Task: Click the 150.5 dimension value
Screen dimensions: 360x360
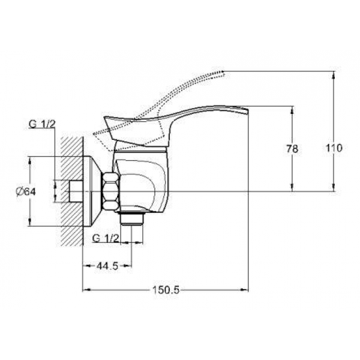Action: [166, 290]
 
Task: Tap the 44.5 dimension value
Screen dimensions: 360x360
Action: [107, 266]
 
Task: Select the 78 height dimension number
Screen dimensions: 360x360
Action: [292, 149]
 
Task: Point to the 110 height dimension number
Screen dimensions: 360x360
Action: [334, 148]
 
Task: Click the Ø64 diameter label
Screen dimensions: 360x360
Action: [26, 191]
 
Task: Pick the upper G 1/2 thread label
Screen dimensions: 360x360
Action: [42, 124]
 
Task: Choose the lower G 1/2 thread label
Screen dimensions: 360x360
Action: [106, 238]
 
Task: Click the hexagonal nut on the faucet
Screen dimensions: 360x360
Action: [111, 191]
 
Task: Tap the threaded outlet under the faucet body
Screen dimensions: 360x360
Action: [133, 218]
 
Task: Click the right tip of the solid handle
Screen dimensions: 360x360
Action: [248, 111]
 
